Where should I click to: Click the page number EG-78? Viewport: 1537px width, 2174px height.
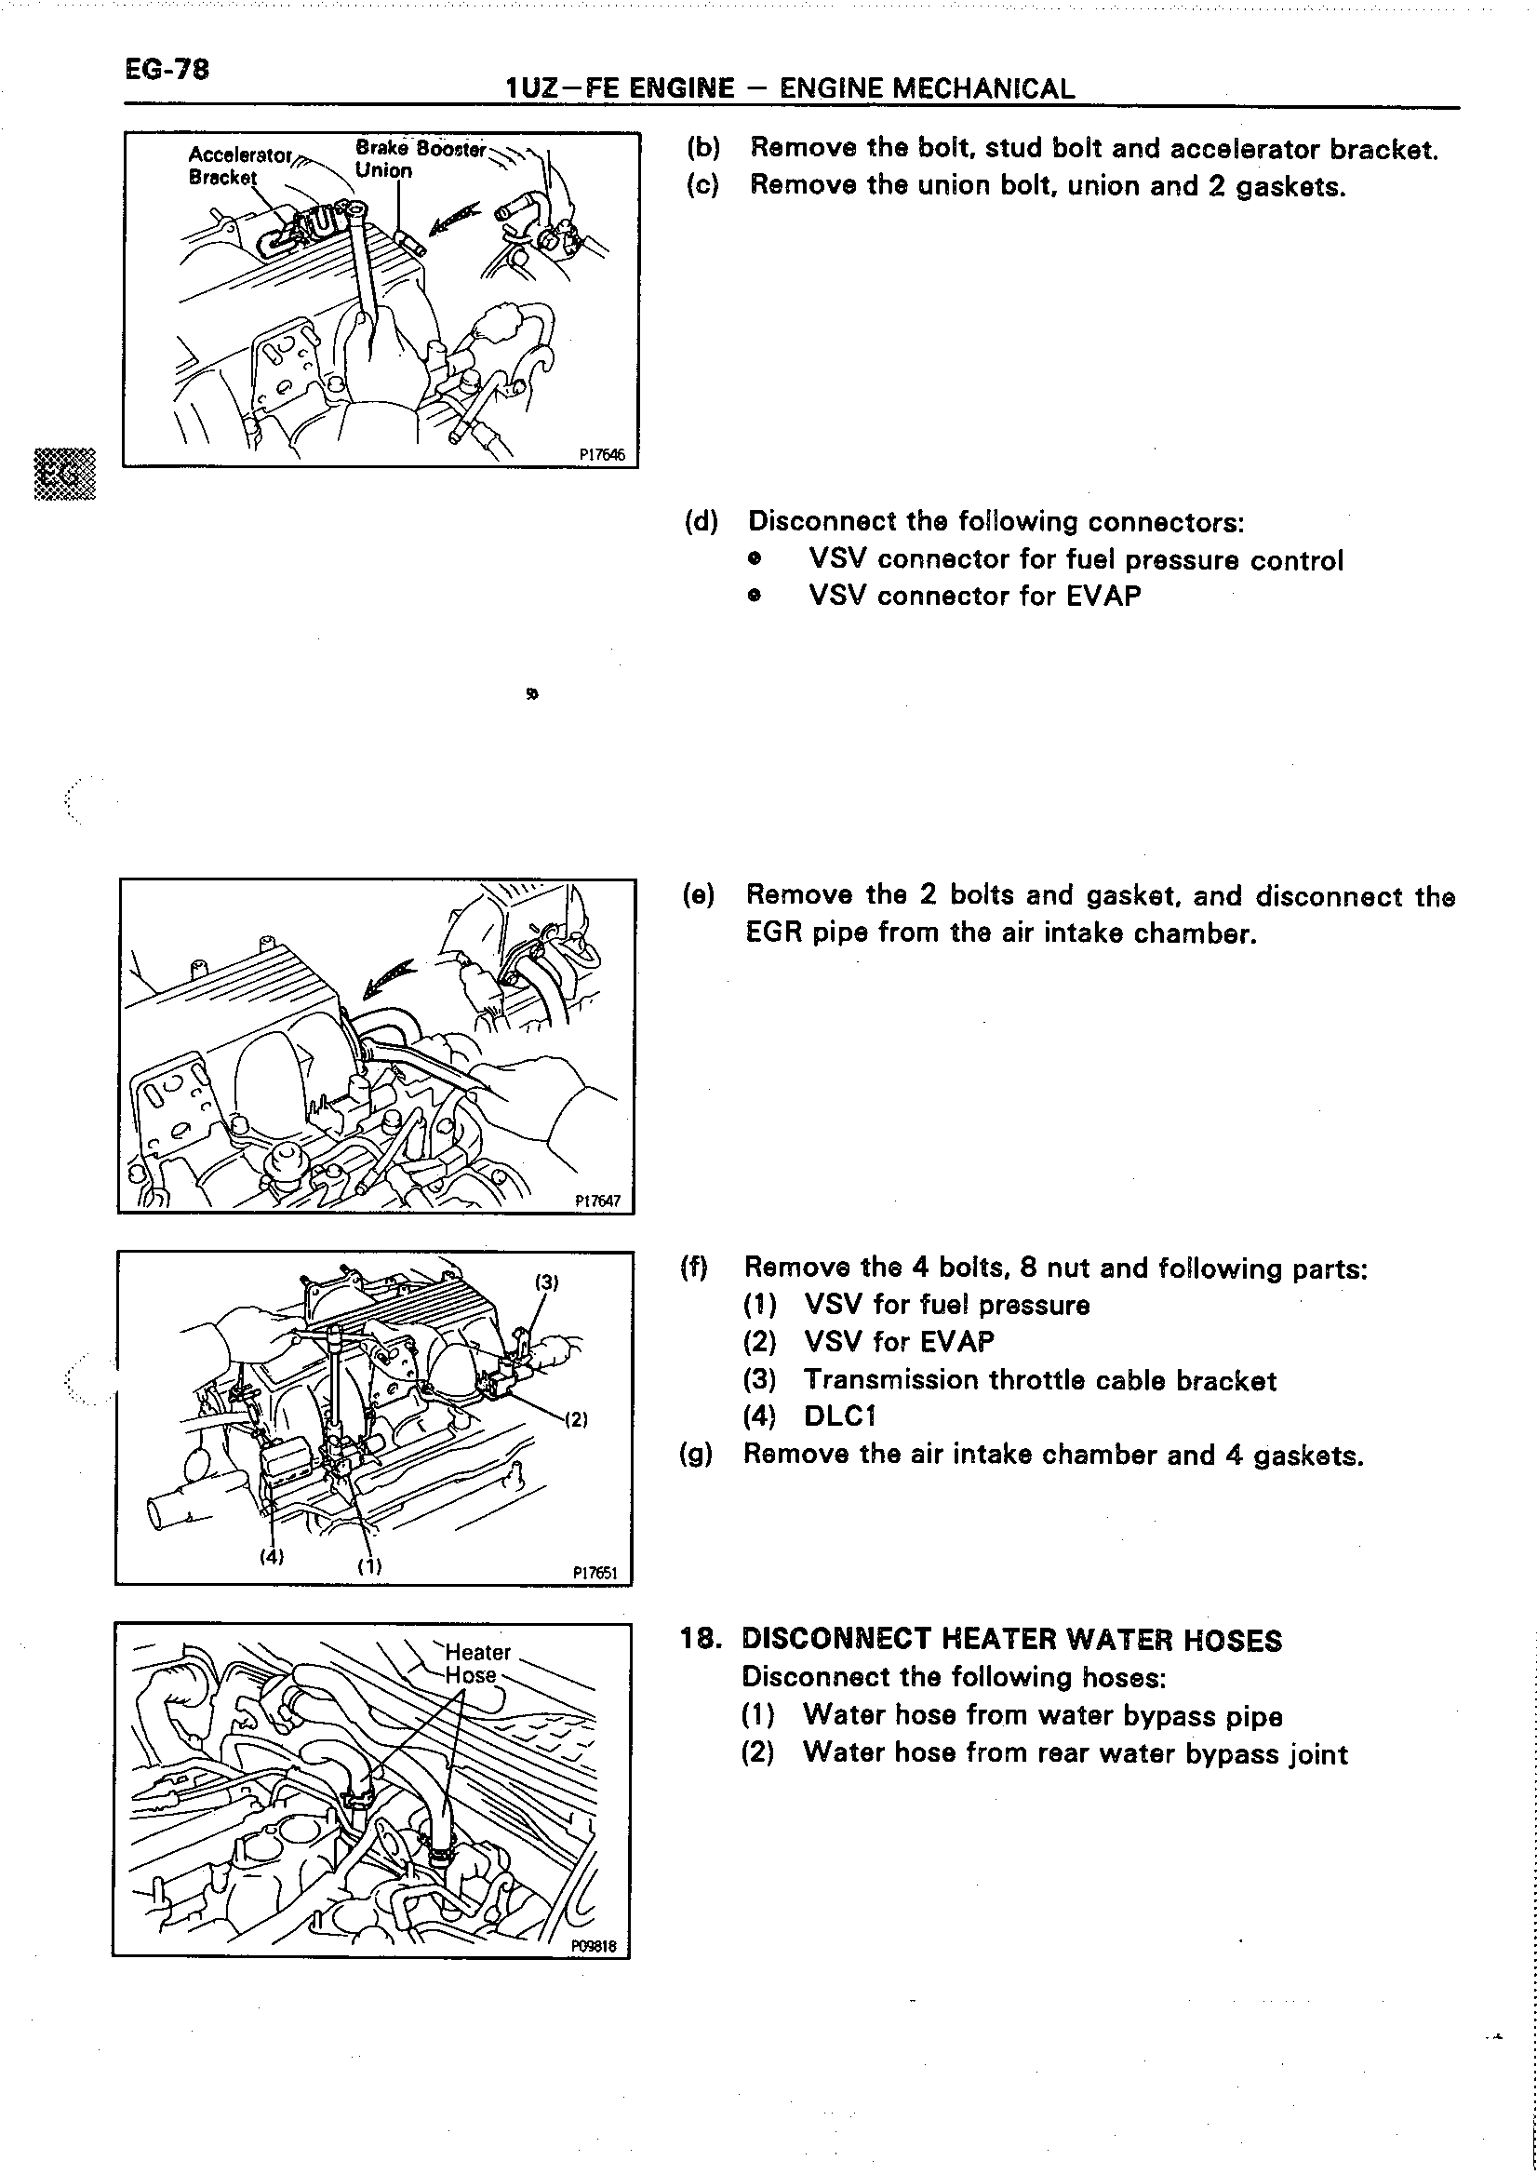167,69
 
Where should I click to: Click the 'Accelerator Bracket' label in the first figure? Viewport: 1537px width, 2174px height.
239,165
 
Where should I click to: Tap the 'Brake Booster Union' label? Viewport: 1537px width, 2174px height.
420,159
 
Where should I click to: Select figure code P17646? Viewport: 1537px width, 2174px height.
602,454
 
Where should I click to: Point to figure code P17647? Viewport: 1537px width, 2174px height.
598,1201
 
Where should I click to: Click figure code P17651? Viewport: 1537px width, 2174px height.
595,1573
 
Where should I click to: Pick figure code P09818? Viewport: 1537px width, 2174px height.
594,1947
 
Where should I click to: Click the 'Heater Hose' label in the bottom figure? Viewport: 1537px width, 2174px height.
477,1664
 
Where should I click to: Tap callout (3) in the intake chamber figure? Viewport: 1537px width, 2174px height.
547,1282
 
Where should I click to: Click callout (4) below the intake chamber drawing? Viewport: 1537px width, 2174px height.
273,1556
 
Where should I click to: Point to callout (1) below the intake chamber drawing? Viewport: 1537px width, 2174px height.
369,1565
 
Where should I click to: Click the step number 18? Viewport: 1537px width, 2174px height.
702,1639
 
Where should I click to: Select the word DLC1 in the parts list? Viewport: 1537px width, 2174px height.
839,1416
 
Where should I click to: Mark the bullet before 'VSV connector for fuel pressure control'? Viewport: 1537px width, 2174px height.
754,559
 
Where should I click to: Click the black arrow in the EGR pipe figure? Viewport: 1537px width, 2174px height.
390,977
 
